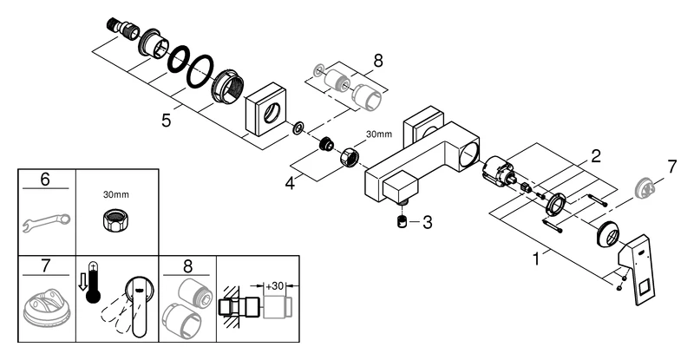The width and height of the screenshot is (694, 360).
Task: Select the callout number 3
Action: point(425,222)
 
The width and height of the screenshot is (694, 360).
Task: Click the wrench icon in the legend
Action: point(40,225)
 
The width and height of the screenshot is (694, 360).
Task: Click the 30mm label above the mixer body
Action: point(379,134)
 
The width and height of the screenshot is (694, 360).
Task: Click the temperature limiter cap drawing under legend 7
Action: point(43,307)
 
